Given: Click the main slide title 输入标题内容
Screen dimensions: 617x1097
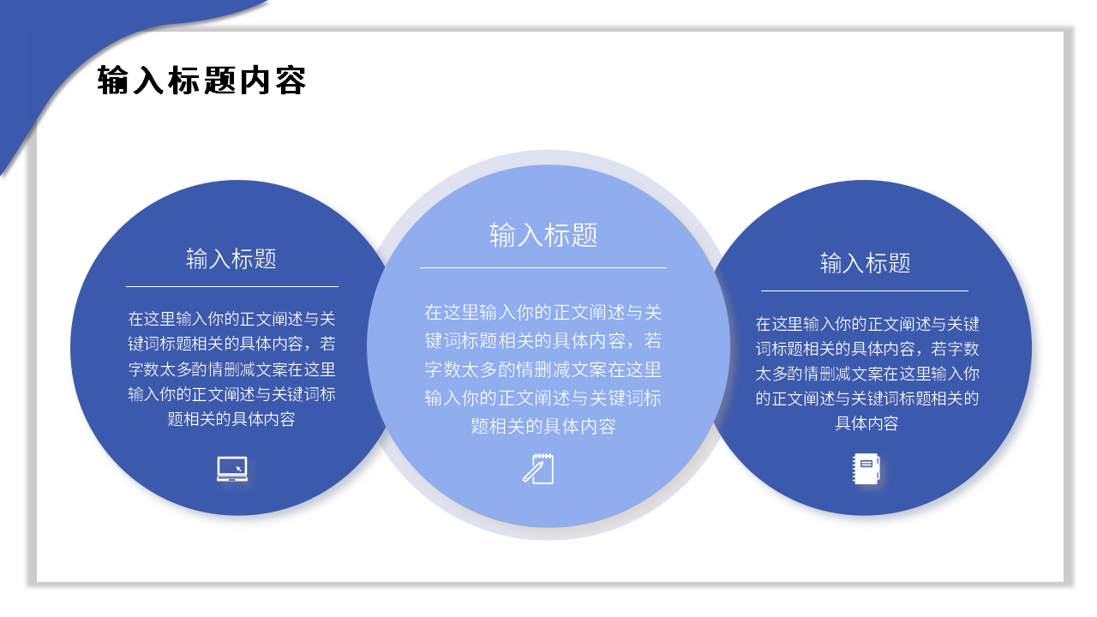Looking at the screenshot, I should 202,81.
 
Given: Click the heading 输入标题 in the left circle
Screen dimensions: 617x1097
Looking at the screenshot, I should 231,259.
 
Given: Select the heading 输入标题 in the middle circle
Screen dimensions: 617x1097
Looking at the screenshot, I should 543,235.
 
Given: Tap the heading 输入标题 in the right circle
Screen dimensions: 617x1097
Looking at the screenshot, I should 865,263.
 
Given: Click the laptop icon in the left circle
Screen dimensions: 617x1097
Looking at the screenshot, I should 232,469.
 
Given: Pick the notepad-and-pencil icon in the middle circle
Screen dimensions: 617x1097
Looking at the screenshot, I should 539,469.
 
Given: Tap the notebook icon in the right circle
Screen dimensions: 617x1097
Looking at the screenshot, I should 866,469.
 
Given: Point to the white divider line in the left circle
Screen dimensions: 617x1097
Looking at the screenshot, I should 231,286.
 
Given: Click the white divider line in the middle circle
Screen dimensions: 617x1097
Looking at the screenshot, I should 543,267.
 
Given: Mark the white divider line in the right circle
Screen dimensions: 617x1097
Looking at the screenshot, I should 865,291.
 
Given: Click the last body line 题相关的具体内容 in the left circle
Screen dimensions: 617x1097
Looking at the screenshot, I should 231,419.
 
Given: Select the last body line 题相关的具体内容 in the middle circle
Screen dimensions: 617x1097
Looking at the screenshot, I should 543,426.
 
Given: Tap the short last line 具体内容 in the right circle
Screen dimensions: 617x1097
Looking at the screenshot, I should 866,423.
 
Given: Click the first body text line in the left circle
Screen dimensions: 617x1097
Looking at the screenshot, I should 231,320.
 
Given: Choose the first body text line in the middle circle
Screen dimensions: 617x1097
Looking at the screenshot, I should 543,312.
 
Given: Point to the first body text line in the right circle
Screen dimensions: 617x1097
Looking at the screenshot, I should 866,324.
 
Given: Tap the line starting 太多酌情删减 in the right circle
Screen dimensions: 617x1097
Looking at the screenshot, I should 866,374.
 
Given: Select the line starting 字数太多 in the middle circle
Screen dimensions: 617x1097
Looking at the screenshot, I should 543,370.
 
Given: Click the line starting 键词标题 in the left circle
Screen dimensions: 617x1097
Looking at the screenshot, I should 231,344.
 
